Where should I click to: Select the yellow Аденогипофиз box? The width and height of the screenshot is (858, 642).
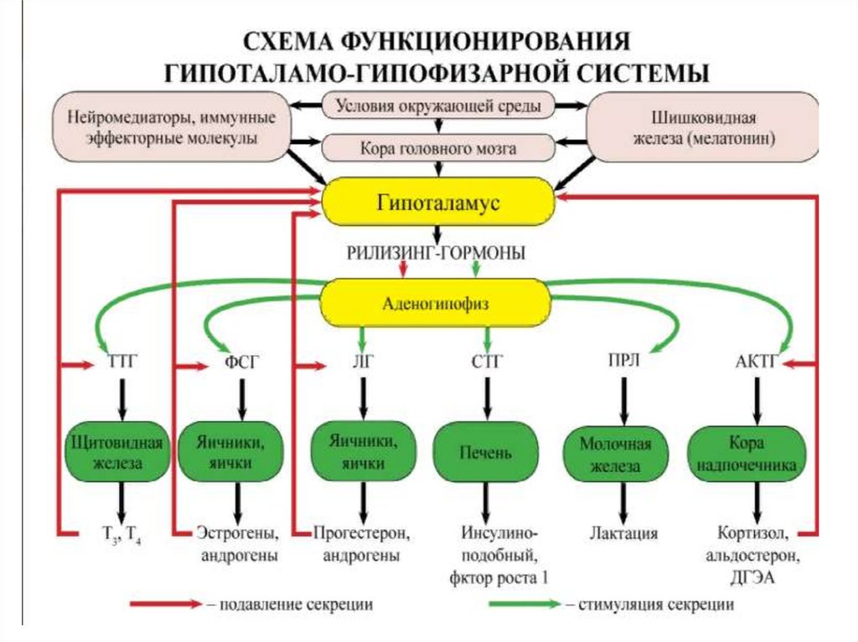point(437,302)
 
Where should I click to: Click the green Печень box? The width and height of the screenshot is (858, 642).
point(486,451)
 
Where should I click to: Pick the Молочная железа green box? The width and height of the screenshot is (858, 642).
point(621,455)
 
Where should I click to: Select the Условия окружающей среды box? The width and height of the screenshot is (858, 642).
point(437,105)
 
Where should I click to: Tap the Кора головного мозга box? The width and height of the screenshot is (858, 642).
point(437,148)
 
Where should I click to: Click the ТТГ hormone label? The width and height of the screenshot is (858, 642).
point(123,365)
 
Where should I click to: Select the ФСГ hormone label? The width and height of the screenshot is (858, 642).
point(242,365)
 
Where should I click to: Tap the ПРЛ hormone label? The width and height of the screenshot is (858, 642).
point(622,362)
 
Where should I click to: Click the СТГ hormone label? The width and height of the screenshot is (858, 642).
point(487,363)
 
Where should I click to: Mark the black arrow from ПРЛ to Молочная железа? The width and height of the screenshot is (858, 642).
point(622,400)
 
